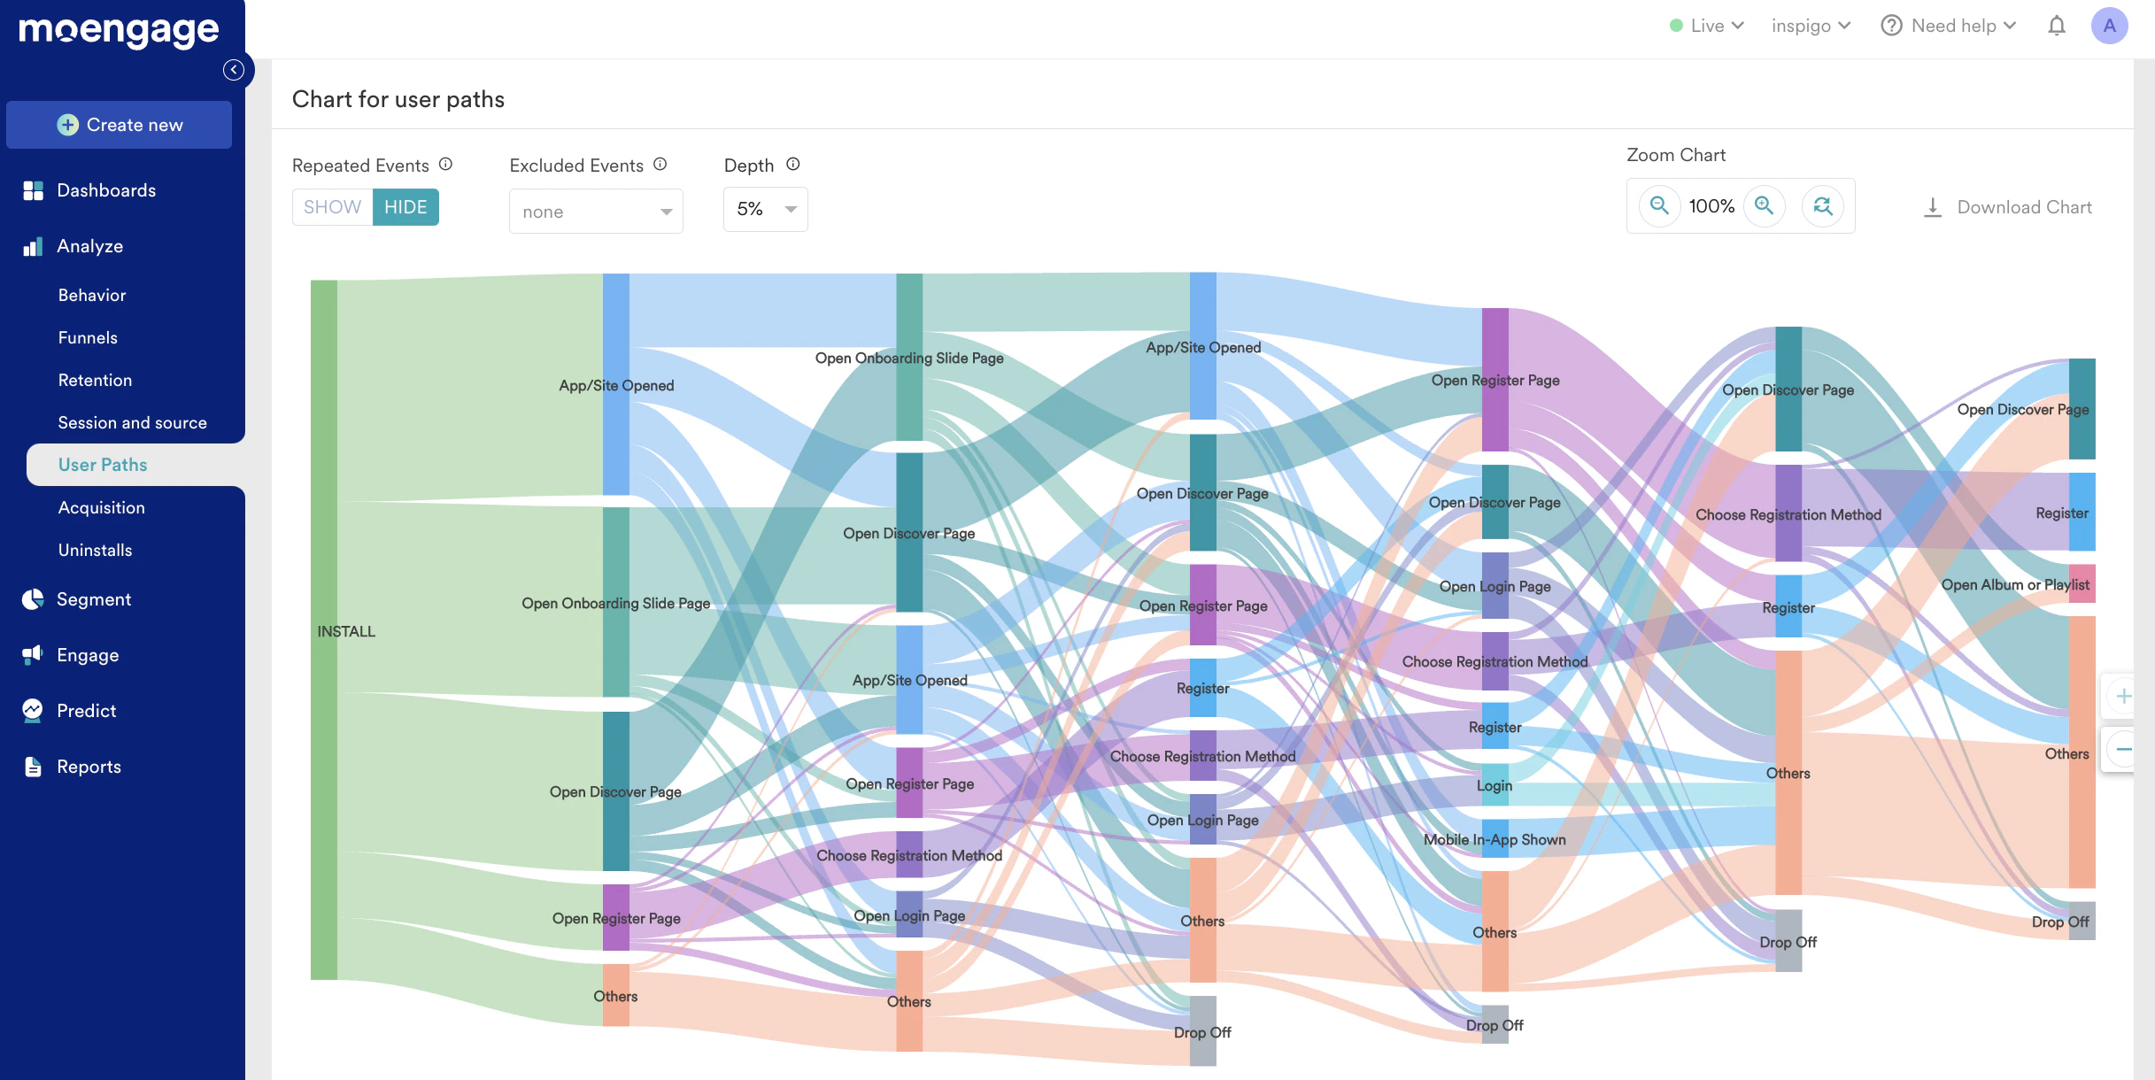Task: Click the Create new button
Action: [x=119, y=125]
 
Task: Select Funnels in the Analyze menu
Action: [x=88, y=337]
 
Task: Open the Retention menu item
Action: [x=95, y=380]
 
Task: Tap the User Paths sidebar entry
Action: [x=103, y=465]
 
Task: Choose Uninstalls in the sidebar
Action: [x=95, y=550]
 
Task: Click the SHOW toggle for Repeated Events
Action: [x=332, y=207]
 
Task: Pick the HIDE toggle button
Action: [x=406, y=207]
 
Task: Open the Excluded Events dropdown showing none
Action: [x=596, y=212]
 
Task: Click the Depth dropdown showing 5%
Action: [x=765, y=209]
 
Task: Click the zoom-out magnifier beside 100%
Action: [x=1659, y=206]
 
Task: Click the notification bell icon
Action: [x=2057, y=26]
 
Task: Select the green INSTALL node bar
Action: [x=324, y=629]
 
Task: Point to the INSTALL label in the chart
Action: [x=346, y=631]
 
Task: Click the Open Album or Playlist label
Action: [x=2015, y=584]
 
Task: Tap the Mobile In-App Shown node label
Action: [x=1495, y=839]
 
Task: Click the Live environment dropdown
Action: [x=1706, y=26]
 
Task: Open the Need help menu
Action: [x=1949, y=26]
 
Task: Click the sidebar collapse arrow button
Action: [x=234, y=70]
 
